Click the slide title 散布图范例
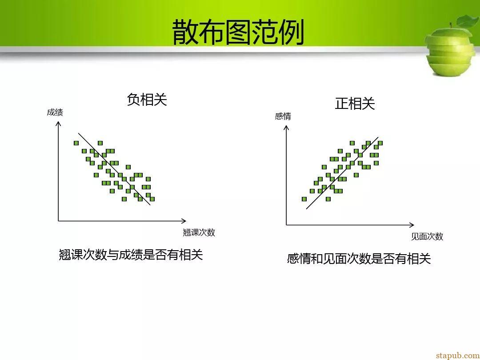(x=238, y=32)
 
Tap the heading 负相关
(x=147, y=100)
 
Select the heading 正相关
(x=355, y=104)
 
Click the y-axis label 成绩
(x=55, y=112)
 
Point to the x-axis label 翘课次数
(x=199, y=232)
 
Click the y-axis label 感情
(x=283, y=116)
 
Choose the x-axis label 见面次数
(x=427, y=236)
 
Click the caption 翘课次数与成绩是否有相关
(x=131, y=255)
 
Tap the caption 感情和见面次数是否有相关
(x=359, y=259)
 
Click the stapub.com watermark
(x=458, y=355)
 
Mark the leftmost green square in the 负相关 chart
(x=76, y=143)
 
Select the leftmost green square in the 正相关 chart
(x=304, y=199)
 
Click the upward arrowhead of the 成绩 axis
(x=58, y=124)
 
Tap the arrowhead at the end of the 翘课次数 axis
(x=184, y=221)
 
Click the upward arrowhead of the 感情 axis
(x=286, y=128)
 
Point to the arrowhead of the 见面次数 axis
(x=412, y=225)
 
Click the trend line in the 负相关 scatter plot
(x=115, y=169)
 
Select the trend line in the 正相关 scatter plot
(x=342, y=173)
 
